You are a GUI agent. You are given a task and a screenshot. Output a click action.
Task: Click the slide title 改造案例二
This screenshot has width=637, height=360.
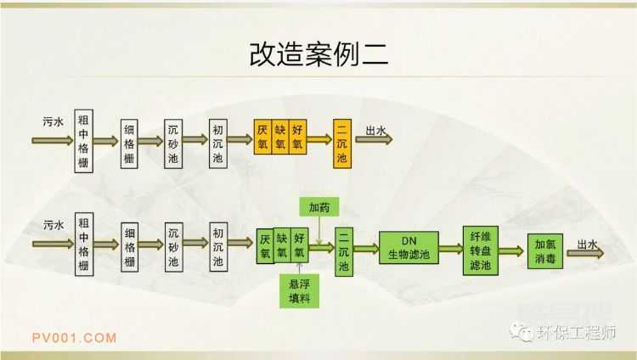click(x=318, y=53)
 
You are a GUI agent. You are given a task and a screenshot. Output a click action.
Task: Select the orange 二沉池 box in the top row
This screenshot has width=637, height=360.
click(x=341, y=143)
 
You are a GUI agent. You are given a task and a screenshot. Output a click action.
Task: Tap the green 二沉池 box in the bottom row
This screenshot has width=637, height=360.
click(x=344, y=250)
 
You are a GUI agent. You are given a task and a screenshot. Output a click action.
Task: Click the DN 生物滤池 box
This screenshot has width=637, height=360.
click(x=409, y=248)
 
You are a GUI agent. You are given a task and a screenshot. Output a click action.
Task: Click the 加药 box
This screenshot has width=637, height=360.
click(x=319, y=206)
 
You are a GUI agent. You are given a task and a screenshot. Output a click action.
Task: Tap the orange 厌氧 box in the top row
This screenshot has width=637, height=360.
click(x=263, y=138)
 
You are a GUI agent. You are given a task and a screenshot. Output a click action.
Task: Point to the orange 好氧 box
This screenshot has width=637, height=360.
click(x=298, y=138)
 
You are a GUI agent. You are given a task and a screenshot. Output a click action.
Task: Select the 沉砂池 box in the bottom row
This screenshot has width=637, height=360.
click(x=173, y=247)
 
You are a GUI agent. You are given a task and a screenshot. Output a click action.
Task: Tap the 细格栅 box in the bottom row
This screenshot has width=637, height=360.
click(x=129, y=247)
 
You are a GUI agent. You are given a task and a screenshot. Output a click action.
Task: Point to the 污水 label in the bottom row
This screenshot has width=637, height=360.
click(x=53, y=225)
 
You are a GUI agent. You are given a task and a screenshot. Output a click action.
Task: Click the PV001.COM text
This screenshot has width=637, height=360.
click(x=75, y=337)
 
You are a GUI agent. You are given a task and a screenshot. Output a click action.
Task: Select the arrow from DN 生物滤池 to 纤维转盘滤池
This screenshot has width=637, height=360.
click(x=450, y=250)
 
